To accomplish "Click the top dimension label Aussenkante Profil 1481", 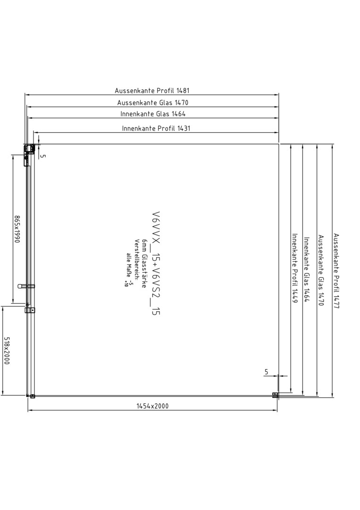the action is pos(152,90).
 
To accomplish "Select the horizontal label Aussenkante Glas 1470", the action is pos(153,102).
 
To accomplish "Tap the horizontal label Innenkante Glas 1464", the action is pos(153,114).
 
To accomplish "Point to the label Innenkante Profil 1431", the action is pos(156,128).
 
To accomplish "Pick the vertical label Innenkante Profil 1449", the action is pos(295,268).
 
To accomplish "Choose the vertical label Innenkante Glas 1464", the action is pos(306,269).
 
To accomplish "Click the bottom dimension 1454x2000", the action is pos(152,406).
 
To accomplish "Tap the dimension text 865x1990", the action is pos(17,229).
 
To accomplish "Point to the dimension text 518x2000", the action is pos(7,350).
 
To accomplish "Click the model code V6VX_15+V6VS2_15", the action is pos(156,263).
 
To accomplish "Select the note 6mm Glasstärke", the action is pos(144,263).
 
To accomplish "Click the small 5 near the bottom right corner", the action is pos(267,372).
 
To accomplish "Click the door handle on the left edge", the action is pos(26,286).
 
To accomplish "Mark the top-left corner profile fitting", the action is pos(29,149).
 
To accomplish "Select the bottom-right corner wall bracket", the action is pos(275,395).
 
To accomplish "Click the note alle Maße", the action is pos(129,262).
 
